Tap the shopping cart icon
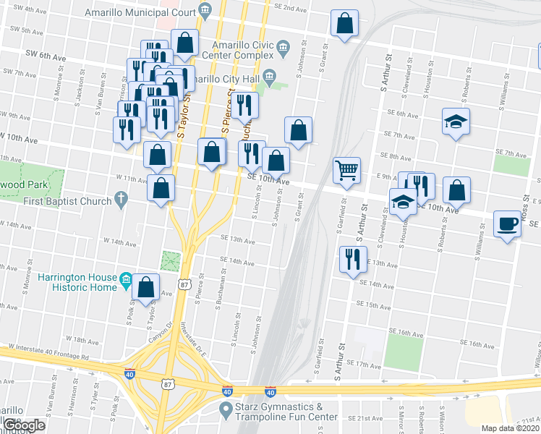click(346, 171)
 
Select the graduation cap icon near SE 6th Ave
click(456, 121)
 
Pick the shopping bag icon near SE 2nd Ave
click(345, 23)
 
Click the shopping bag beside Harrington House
click(146, 287)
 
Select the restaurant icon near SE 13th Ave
click(352, 259)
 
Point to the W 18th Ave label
click(81, 339)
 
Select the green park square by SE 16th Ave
click(403, 349)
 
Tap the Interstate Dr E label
click(195, 340)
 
